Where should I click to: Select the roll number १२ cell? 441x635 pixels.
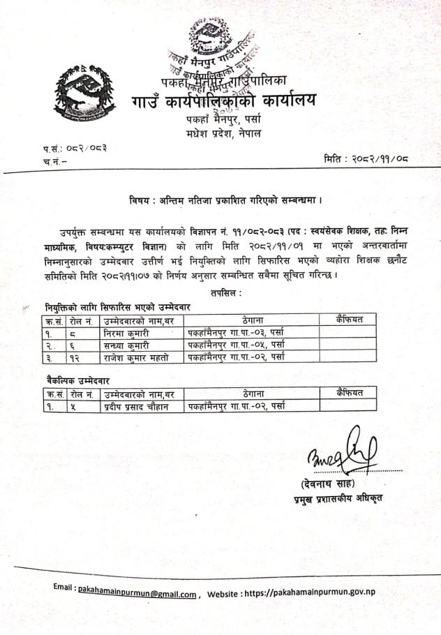point(75,357)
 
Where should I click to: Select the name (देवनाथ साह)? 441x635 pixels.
point(329,484)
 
